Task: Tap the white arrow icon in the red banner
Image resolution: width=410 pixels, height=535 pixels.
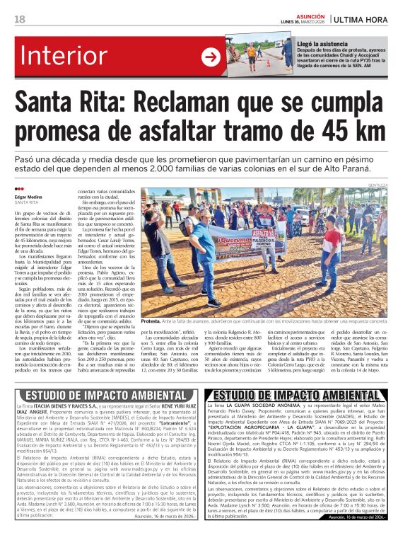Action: [211, 57]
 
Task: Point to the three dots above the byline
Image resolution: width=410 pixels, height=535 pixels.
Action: [19, 189]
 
